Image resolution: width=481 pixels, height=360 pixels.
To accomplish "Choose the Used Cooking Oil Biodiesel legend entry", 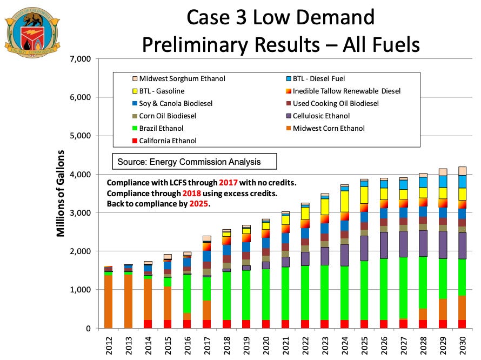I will point(340,103).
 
